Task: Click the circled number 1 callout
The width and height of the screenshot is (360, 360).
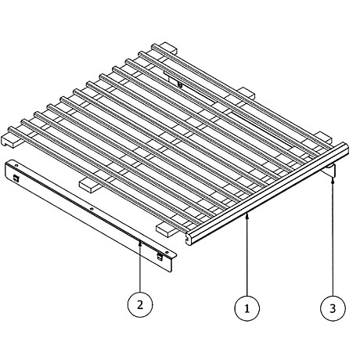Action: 247,308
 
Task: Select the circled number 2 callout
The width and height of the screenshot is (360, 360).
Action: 140,304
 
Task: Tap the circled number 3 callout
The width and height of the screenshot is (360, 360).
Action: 333,308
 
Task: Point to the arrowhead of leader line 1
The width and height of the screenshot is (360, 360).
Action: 247,215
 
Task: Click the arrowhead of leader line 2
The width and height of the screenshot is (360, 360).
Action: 140,243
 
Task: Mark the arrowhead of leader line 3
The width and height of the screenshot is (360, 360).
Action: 333,180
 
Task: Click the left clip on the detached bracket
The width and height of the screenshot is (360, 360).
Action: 16,178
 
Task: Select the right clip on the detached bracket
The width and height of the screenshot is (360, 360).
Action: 160,257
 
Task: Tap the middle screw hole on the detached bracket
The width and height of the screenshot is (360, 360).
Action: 91,209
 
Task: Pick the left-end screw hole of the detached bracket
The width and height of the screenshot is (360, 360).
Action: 16,165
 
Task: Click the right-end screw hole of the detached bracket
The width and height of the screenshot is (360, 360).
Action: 167,252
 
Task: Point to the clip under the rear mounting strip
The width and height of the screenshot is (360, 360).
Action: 180,85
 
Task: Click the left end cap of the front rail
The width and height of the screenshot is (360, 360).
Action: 190,238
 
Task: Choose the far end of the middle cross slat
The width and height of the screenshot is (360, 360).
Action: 246,94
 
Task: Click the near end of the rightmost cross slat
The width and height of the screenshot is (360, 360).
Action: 165,229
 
